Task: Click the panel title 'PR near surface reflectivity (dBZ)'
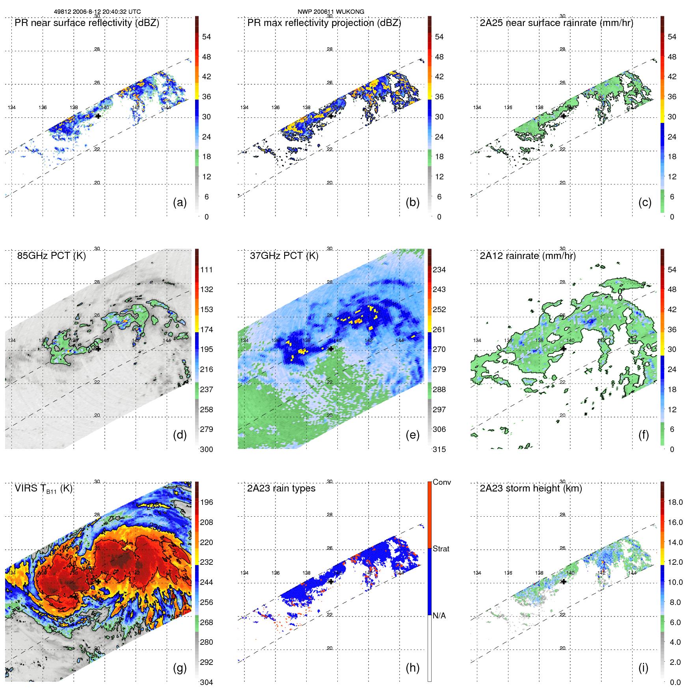[87, 23]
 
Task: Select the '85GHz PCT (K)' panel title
[51, 256]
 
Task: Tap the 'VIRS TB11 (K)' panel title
[43, 489]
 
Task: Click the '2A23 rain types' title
[281, 489]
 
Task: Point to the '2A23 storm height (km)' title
[530, 489]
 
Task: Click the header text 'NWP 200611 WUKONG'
[331, 12]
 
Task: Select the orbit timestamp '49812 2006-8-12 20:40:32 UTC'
[97, 12]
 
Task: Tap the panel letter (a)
[180, 203]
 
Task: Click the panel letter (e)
[412, 435]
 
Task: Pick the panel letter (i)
[643, 668]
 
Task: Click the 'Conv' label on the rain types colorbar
[441, 482]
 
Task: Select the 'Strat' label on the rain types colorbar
[441, 549]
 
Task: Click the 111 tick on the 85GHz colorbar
[207, 270]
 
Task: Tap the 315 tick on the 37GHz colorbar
[439, 450]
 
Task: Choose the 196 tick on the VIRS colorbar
[207, 503]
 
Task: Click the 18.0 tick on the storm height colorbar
[675, 503]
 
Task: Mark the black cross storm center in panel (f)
[564, 349]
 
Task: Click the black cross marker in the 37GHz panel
[331, 349]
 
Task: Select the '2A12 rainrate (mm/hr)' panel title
[527, 256]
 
